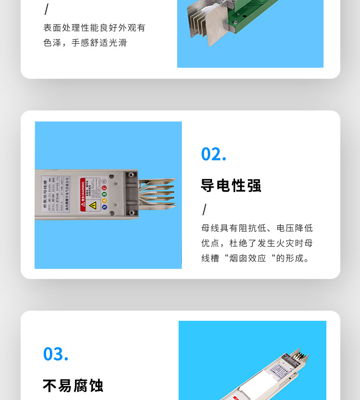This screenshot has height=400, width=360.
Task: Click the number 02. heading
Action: click(x=214, y=154)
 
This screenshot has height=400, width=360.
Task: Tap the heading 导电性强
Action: click(x=231, y=185)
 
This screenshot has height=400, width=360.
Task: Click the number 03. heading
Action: click(x=56, y=354)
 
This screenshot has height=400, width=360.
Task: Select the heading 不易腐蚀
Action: click(x=73, y=385)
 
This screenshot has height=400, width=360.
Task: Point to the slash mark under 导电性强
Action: click(x=204, y=210)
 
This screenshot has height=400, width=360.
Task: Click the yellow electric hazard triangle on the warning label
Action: click(x=93, y=205)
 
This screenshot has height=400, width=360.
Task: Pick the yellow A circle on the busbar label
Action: click(x=104, y=200)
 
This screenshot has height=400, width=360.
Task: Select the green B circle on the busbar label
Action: click(x=104, y=194)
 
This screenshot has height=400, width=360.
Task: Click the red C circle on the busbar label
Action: click(x=104, y=188)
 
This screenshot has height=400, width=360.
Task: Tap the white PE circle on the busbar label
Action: click(x=104, y=182)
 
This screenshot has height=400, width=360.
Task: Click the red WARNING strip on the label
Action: click(x=83, y=194)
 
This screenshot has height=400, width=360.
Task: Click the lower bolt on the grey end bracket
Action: click(x=131, y=212)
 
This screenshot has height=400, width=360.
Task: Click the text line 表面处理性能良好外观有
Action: click(x=94, y=28)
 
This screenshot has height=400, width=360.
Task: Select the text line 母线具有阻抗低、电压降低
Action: click(x=257, y=228)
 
